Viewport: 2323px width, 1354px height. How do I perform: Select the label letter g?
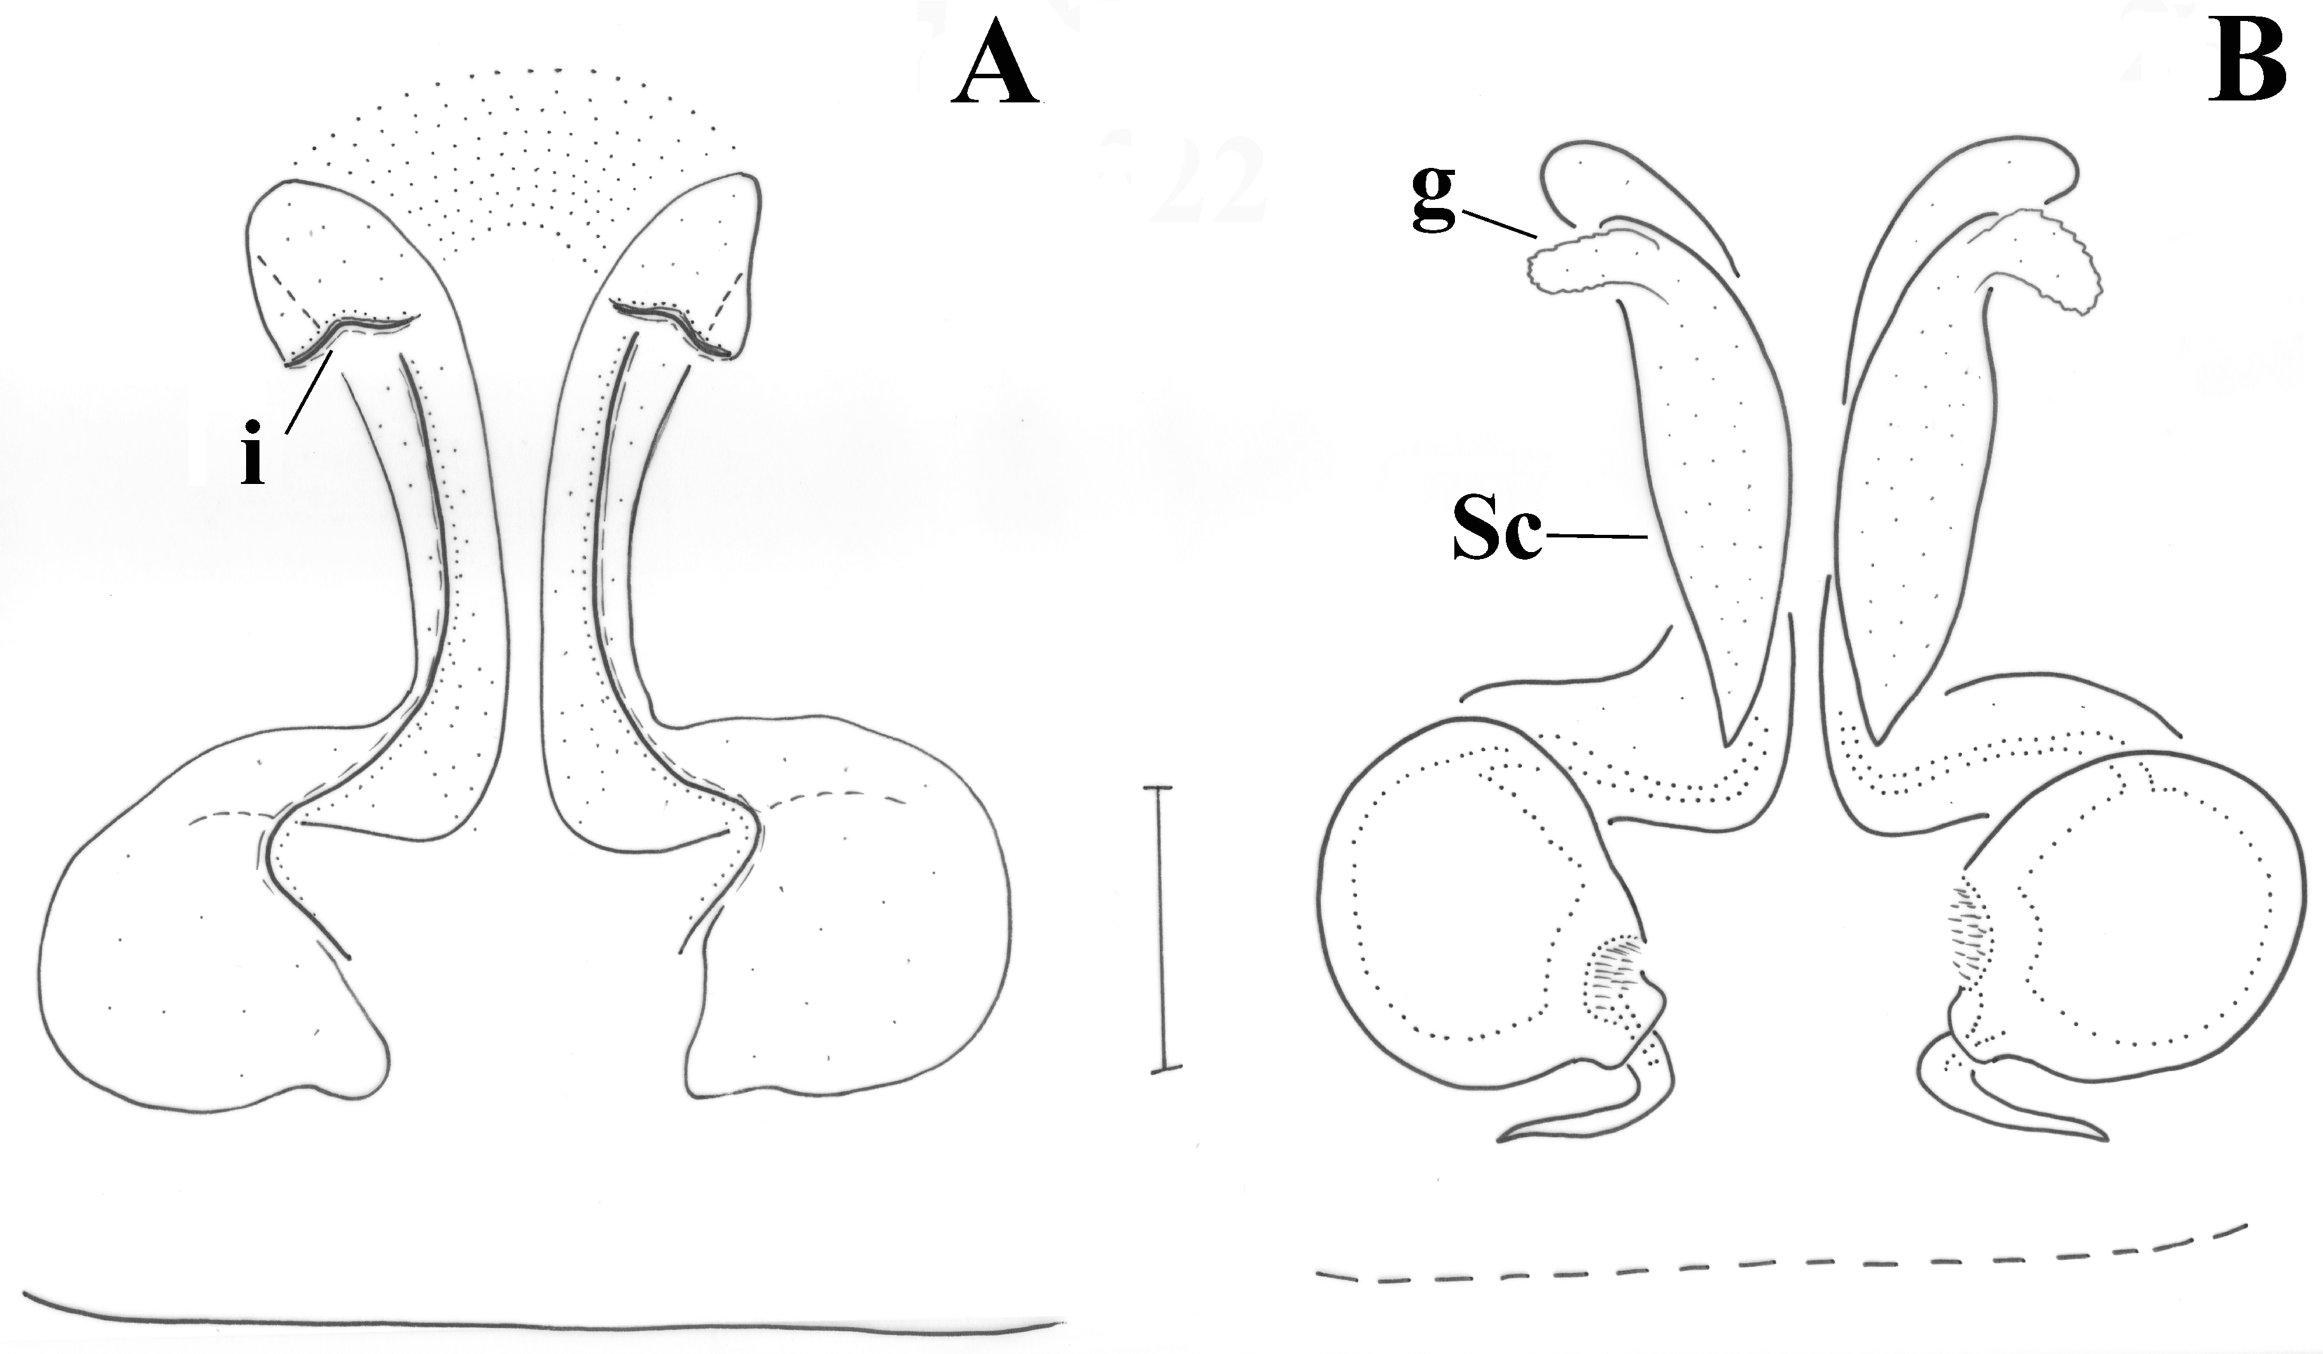pyautogui.click(x=1433, y=201)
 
